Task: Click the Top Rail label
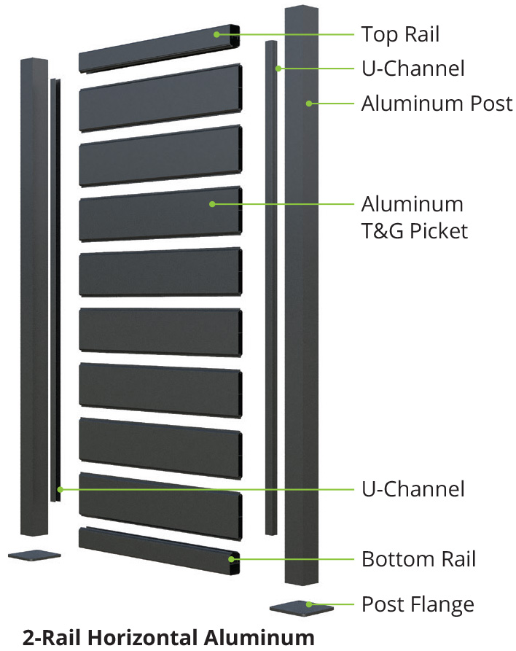(400, 34)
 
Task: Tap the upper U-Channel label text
(413, 69)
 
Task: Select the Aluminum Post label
(437, 104)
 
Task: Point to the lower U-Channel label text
(413, 488)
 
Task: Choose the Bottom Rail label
(418, 560)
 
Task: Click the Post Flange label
(418, 604)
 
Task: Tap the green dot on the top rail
(216, 34)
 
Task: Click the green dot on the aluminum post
(309, 104)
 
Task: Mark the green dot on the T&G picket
(212, 204)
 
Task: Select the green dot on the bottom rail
(232, 560)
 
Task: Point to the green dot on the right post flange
(309, 604)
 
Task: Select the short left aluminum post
(34, 292)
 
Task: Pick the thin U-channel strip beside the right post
(271, 292)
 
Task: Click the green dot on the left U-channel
(61, 488)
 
